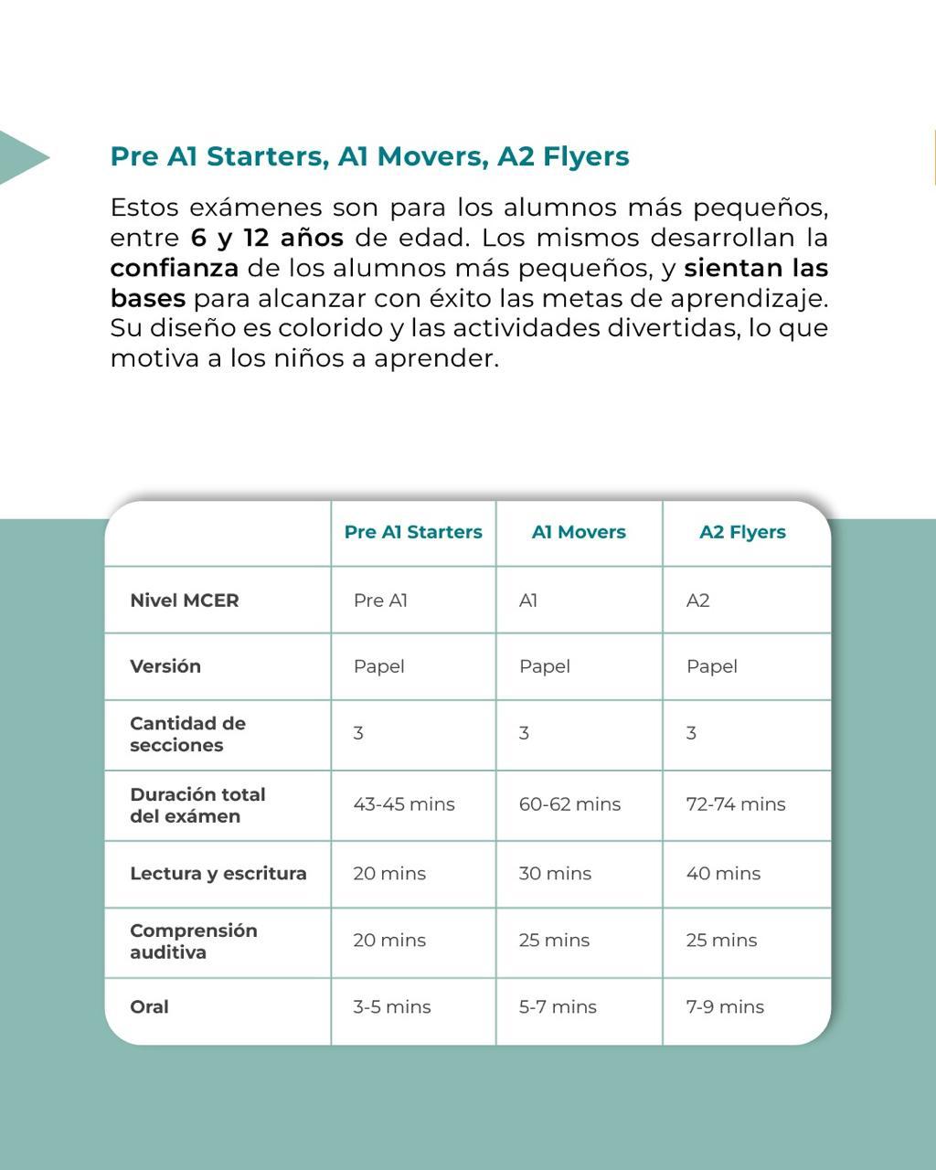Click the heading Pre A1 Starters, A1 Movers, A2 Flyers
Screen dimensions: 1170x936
coord(369,156)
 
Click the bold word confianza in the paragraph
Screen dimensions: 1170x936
coord(174,268)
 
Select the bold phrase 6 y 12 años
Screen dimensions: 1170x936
coord(267,238)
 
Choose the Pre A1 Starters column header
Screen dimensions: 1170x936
coord(413,532)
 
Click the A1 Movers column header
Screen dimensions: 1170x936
coord(579,532)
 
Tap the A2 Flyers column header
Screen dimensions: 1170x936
coord(742,532)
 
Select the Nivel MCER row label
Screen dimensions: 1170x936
coord(185,601)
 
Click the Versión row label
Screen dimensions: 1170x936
coord(165,666)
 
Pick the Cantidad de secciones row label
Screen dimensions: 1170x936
coord(187,734)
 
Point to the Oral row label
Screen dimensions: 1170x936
coord(149,1006)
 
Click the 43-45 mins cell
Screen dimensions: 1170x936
coord(404,804)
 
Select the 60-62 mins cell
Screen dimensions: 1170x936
coord(569,804)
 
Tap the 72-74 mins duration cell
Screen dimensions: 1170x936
coord(736,804)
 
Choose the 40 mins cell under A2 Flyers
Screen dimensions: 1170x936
coord(723,874)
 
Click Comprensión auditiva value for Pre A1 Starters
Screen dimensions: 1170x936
coord(389,941)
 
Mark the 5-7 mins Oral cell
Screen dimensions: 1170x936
coord(558,1007)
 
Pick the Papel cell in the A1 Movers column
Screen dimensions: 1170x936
coord(545,666)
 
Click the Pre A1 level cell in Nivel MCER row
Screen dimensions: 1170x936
coord(380,601)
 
